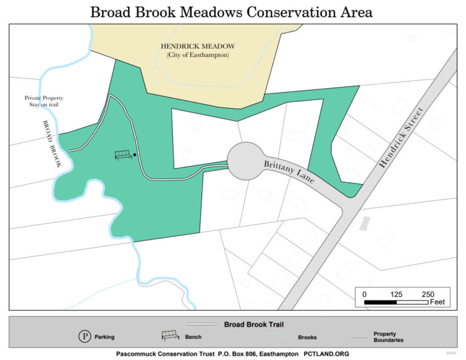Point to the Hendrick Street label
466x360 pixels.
402,134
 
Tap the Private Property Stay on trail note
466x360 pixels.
44,101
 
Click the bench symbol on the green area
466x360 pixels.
124,155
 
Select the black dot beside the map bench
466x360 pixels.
135,155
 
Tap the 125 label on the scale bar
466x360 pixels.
396,294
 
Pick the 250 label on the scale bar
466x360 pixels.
428,294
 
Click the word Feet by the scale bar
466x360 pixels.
437,302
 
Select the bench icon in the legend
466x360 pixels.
171,336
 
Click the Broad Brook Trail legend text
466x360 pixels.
254,325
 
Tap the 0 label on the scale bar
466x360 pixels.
364,294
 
